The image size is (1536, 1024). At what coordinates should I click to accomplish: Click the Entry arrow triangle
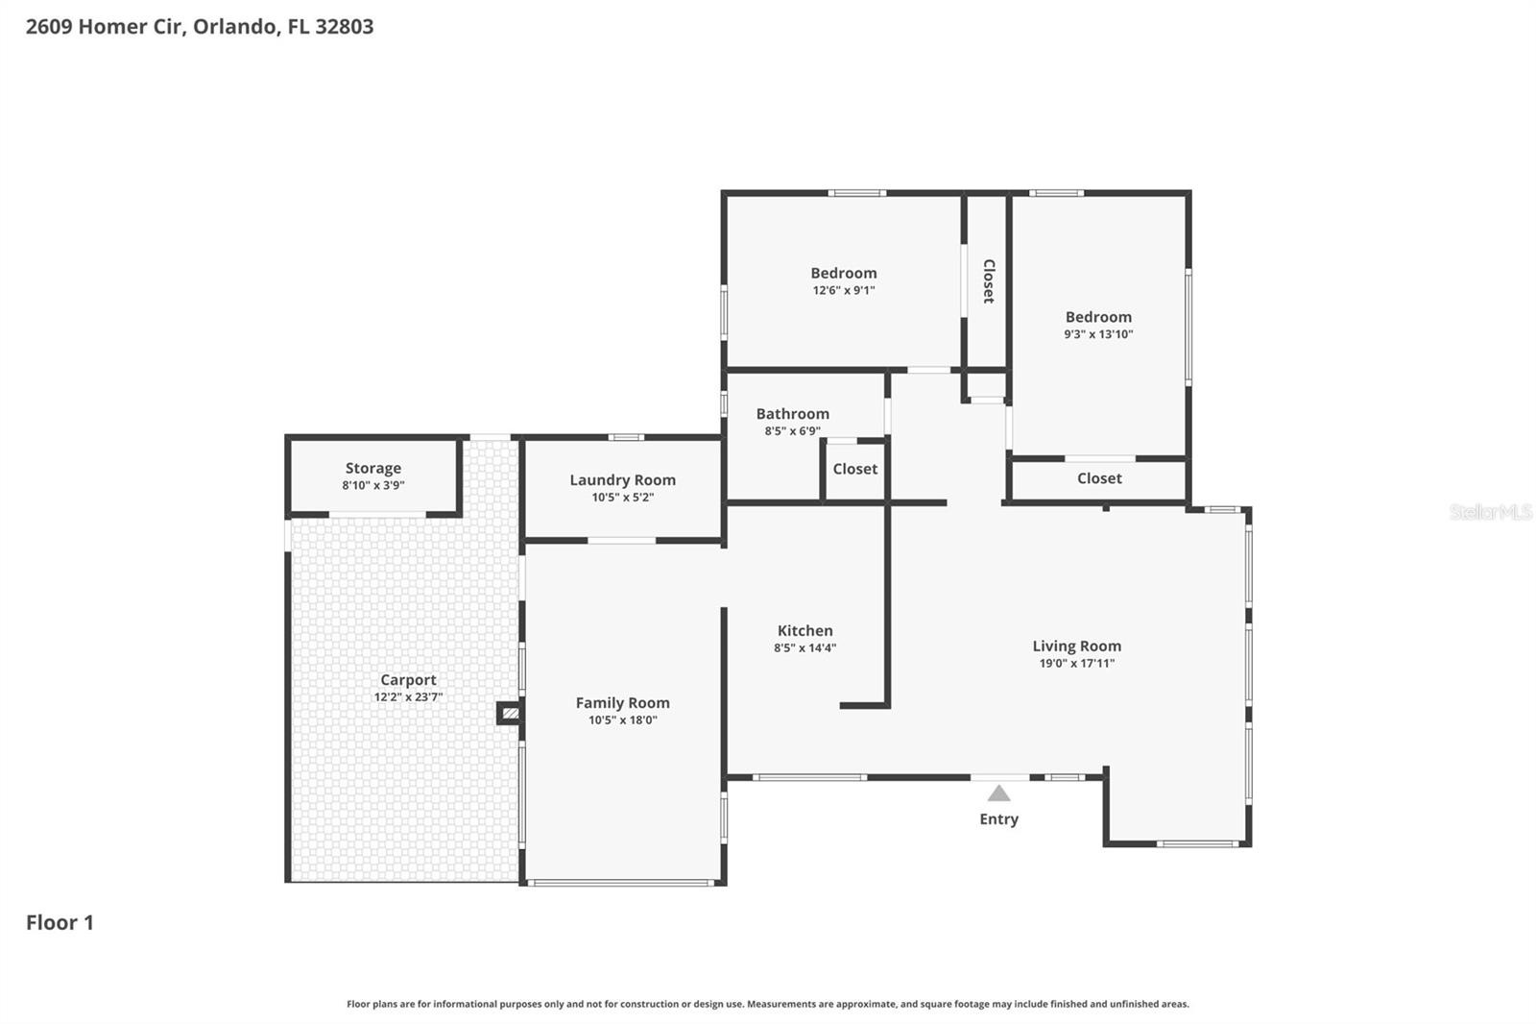pos(998,793)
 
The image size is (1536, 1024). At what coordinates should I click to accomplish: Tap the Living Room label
pos(1076,646)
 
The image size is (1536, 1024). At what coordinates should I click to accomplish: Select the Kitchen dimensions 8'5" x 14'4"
pos(804,648)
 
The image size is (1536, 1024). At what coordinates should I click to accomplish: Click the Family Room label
pos(622,703)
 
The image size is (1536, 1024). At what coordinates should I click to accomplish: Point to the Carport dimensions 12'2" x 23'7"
pos(408,697)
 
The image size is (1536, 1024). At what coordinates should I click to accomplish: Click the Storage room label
pos(372,469)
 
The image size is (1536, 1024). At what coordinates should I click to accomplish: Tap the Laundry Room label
pos(622,480)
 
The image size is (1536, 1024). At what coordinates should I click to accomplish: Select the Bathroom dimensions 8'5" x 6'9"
pos(792,431)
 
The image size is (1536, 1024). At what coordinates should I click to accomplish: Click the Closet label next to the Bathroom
pos(854,469)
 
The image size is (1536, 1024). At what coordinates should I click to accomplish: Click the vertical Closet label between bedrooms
pos(988,281)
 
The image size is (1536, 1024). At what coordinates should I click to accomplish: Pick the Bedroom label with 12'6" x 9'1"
pos(843,274)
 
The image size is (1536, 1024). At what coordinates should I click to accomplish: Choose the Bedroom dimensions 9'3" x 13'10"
pos(1097,334)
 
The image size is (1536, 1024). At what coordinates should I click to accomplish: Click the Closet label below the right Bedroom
pos(1099,478)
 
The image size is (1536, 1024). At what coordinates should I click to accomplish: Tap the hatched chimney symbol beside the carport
pos(510,713)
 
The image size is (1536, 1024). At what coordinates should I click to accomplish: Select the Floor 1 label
pos(60,923)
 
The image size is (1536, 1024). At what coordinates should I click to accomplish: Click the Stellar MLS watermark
pos(1490,512)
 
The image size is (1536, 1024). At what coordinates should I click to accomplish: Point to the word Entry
pos(998,819)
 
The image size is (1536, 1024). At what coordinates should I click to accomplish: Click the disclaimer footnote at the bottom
pos(767,1004)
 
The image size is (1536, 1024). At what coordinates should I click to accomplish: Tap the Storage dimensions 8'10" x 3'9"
pos(372,486)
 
